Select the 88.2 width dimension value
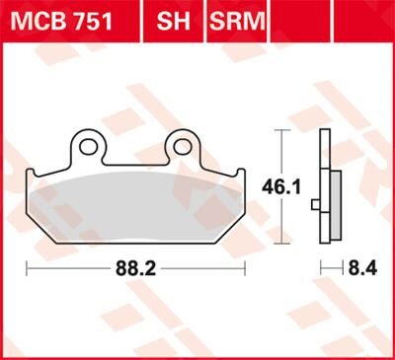pos(137,267)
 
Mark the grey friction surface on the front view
pos(136,197)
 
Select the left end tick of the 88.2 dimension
pos(27,267)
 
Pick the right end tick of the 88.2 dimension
pos(246,267)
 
